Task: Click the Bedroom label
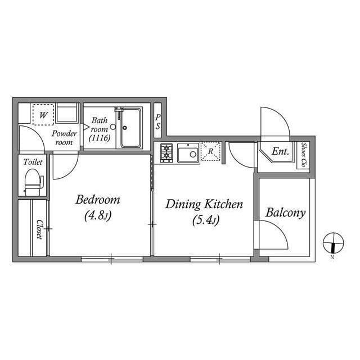tap(97, 200)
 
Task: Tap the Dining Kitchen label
tap(204, 204)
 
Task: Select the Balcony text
tap(285, 213)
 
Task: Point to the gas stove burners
tap(166, 153)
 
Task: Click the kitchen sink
tap(188, 152)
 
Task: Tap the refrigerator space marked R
tap(211, 151)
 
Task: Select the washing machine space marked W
tap(43, 115)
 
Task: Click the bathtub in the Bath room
tap(130, 128)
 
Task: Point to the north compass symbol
tap(333, 242)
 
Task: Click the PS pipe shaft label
tap(157, 121)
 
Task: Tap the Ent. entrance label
tap(280, 151)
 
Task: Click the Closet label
tap(39, 229)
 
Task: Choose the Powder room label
tap(64, 138)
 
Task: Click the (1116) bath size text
tap(100, 138)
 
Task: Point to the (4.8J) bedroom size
tap(98, 215)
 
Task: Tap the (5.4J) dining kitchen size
tap(206, 220)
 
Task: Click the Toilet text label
tap(33, 162)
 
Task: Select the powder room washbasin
tap(66, 113)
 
